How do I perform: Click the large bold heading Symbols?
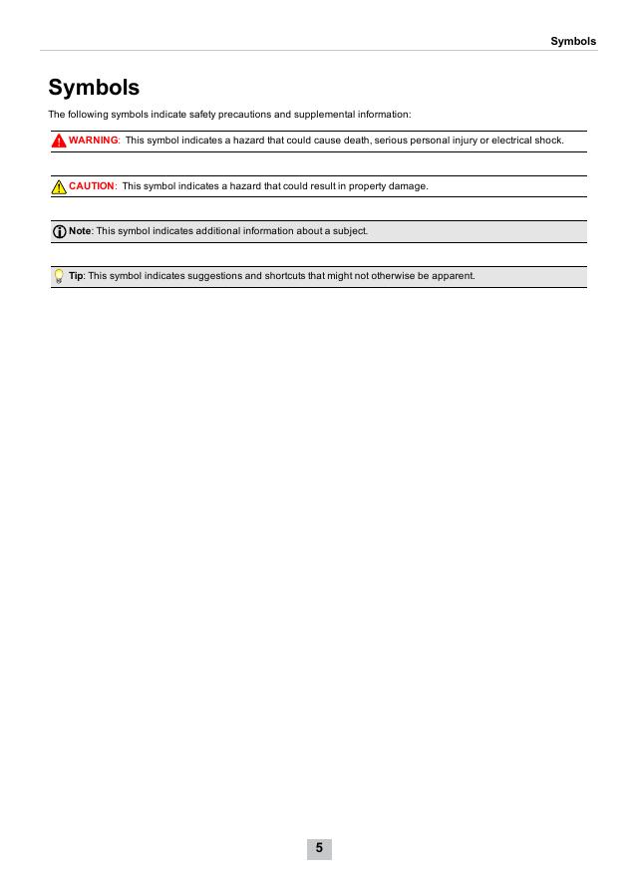(x=94, y=88)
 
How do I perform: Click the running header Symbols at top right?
(x=573, y=41)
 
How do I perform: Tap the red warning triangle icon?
(x=60, y=141)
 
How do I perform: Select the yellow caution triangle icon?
(x=60, y=186)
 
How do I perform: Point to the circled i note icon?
(x=60, y=231)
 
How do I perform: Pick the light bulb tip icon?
(x=60, y=276)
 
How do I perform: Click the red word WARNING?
(x=93, y=141)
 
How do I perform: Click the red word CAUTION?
(x=92, y=186)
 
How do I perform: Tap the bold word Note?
(x=80, y=231)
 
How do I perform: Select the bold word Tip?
(x=76, y=276)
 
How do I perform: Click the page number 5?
(x=319, y=848)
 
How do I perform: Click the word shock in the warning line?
(x=549, y=141)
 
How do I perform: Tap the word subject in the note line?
(x=349, y=231)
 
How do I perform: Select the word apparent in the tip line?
(x=455, y=276)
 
